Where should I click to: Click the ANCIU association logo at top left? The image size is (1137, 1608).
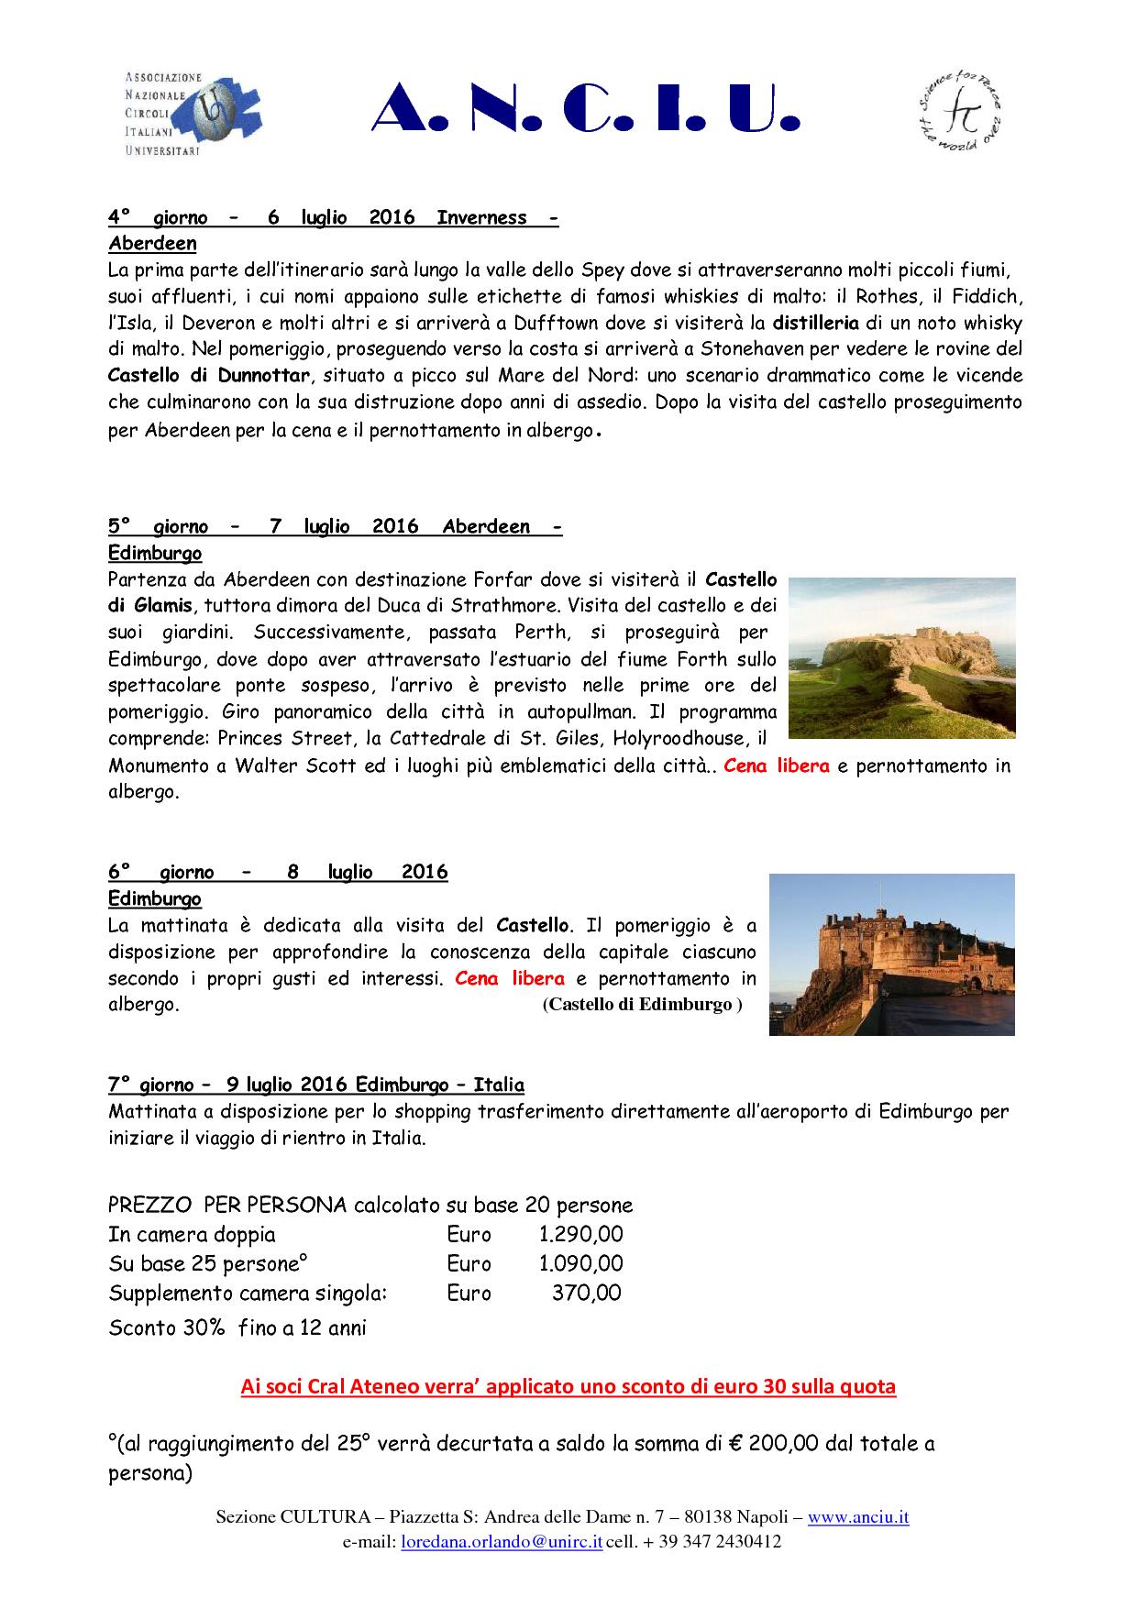[191, 114]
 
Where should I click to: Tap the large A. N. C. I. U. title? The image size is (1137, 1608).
[587, 115]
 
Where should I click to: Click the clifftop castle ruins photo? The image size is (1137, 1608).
[901, 656]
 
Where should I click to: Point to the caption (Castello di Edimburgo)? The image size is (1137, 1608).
[642, 1004]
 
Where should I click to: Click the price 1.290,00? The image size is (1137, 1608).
[580, 1234]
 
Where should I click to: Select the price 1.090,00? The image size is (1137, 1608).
[580, 1263]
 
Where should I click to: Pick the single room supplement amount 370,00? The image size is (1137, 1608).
[587, 1293]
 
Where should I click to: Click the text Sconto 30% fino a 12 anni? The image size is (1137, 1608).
[237, 1327]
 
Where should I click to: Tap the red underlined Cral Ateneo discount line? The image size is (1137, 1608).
[568, 1386]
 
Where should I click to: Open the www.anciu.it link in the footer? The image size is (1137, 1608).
[858, 1517]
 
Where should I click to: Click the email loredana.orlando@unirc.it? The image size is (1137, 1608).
[502, 1542]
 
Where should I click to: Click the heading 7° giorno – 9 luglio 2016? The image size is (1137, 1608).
[316, 1085]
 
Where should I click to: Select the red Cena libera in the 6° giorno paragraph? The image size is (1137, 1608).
[510, 978]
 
